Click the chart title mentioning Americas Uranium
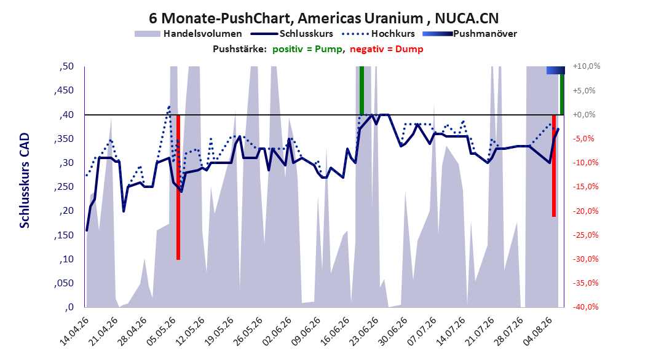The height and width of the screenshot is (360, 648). point(323,18)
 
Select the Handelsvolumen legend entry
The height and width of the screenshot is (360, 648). point(188,34)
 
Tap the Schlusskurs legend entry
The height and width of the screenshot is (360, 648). point(292,34)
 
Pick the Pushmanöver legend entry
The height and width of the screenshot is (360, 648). point(470,34)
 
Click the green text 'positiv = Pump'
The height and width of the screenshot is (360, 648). point(307,49)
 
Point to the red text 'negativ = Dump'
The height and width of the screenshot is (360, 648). point(387,49)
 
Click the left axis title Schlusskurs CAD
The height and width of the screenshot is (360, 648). point(25,181)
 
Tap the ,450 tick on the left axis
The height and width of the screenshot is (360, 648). point(64,90)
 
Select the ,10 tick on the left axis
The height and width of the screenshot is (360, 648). point(66,259)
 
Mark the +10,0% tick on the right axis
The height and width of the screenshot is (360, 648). point(587,66)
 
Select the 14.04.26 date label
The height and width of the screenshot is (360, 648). point(74,332)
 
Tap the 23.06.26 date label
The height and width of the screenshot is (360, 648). point(364,332)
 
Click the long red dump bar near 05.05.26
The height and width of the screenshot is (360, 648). point(178,187)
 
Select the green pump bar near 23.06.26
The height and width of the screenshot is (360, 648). point(362,90)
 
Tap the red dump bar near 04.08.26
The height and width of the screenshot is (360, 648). point(554,165)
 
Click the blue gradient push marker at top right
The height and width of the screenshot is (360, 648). point(555,70)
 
